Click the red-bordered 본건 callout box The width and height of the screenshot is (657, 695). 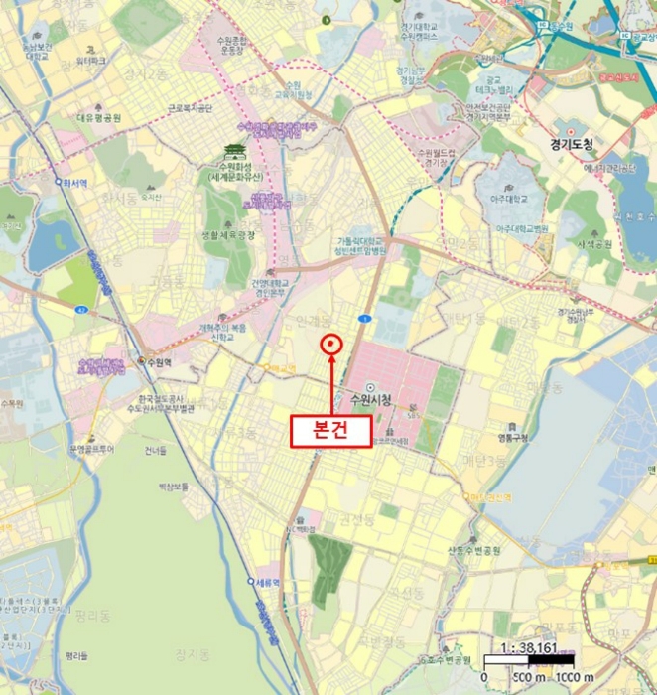click(x=330, y=430)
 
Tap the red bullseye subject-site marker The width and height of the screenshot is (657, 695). click(x=330, y=344)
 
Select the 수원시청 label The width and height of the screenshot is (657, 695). click(x=372, y=400)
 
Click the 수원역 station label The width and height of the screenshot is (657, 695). click(x=159, y=363)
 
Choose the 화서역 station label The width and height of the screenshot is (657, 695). click(x=72, y=182)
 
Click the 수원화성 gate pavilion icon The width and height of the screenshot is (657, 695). click(x=233, y=150)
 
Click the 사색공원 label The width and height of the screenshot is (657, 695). click(x=590, y=242)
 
